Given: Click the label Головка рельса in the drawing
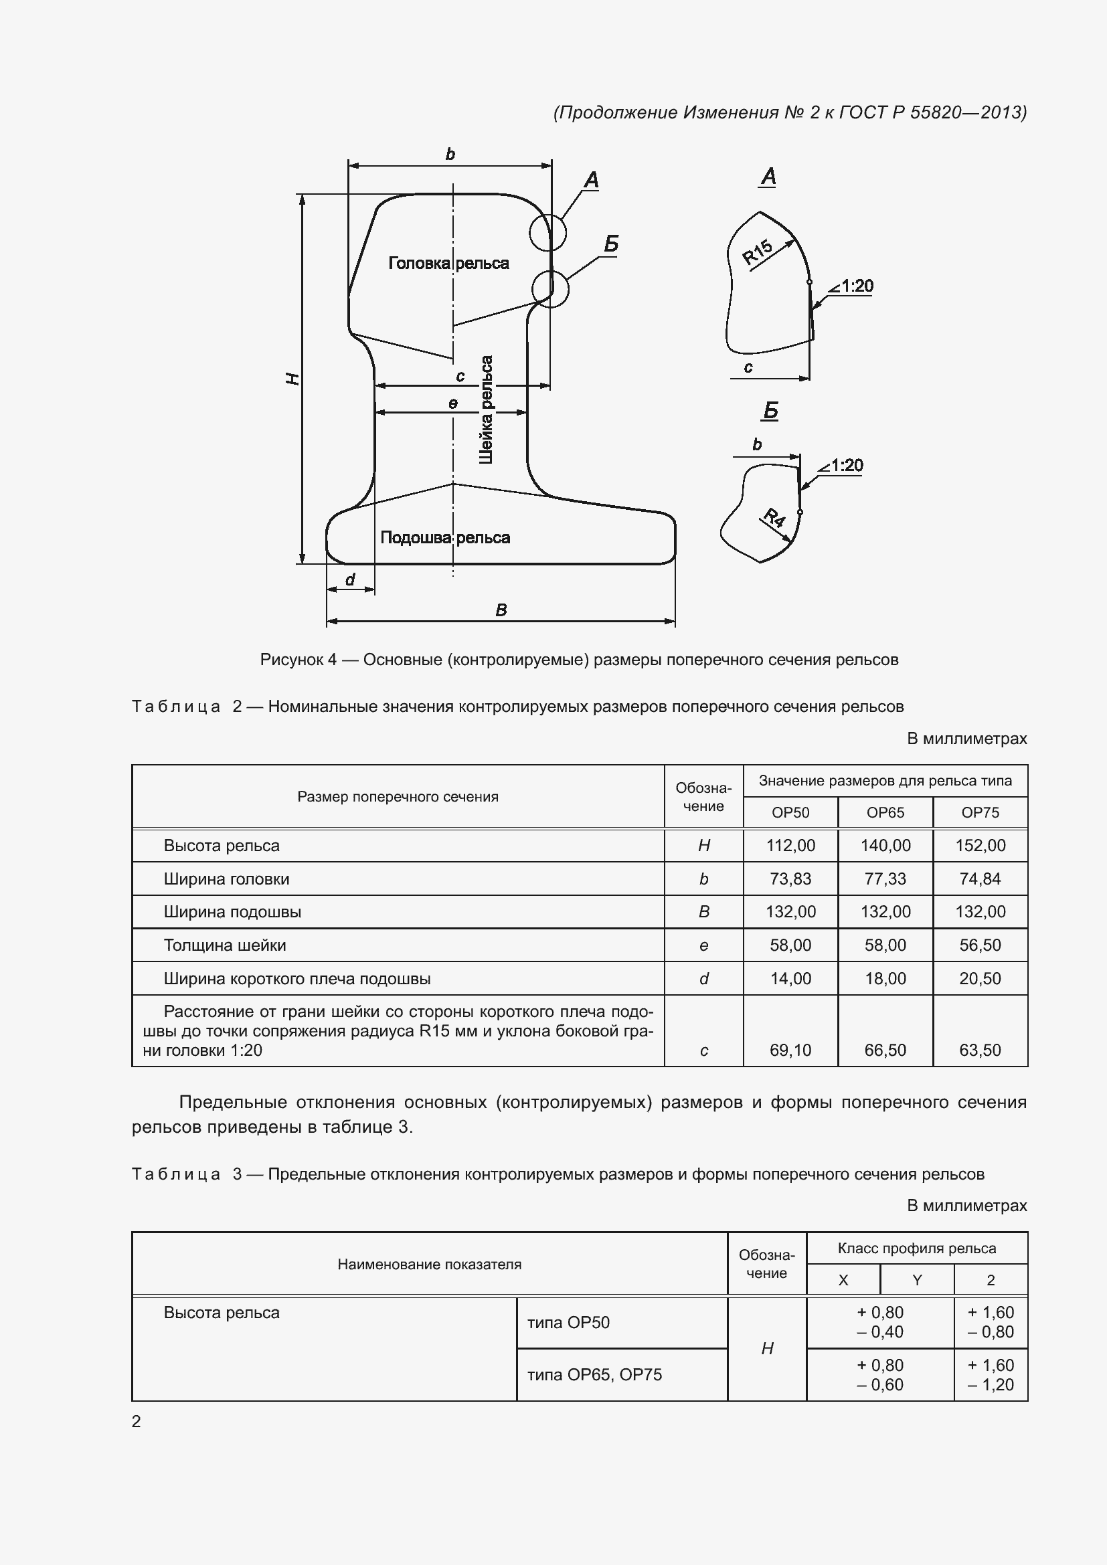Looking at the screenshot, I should click(x=448, y=263).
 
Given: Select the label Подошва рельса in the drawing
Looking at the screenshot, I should click(x=444, y=537).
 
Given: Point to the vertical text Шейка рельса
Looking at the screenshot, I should click(x=486, y=409).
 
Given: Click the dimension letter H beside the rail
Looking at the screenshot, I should click(x=292, y=378).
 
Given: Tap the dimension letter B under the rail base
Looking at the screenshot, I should click(x=501, y=610).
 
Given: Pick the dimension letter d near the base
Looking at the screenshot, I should click(x=349, y=580).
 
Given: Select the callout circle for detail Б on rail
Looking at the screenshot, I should click(x=549, y=289).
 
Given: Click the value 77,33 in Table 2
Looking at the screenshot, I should click(x=885, y=879).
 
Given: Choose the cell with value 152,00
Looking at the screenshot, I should click(x=980, y=845).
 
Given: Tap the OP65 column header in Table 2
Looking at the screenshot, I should click(x=885, y=812).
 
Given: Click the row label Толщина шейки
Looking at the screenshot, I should click(x=225, y=945).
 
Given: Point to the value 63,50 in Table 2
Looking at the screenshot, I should click(x=980, y=1050).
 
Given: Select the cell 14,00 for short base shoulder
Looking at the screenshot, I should click(x=790, y=979).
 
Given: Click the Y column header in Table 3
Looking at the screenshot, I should click(x=917, y=1280).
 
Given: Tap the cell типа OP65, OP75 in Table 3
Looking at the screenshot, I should click(x=594, y=1374).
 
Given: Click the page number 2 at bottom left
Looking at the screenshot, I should click(x=137, y=1421).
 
